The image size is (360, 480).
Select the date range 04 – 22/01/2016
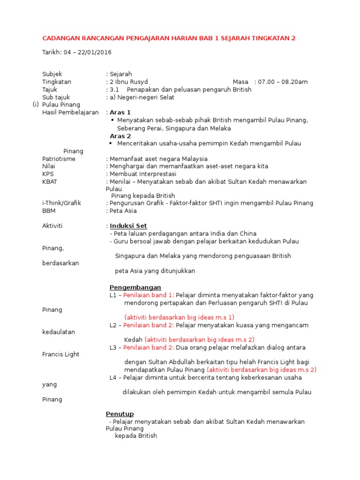tap(88, 52)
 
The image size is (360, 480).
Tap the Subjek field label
tap(52, 74)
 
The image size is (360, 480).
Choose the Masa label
tap(240, 82)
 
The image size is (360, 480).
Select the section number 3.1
tap(114, 89)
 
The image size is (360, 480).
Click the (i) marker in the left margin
tap(36, 105)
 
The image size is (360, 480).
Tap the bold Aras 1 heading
tap(120, 112)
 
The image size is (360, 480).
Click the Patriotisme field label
tap(59, 159)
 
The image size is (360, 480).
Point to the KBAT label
tap(50, 181)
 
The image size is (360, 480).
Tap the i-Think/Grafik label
tap(61, 203)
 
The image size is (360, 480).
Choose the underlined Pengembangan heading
tap(135, 287)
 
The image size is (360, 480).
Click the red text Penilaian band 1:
tap(149, 295)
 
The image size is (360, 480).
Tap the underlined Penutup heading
tap(120, 414)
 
